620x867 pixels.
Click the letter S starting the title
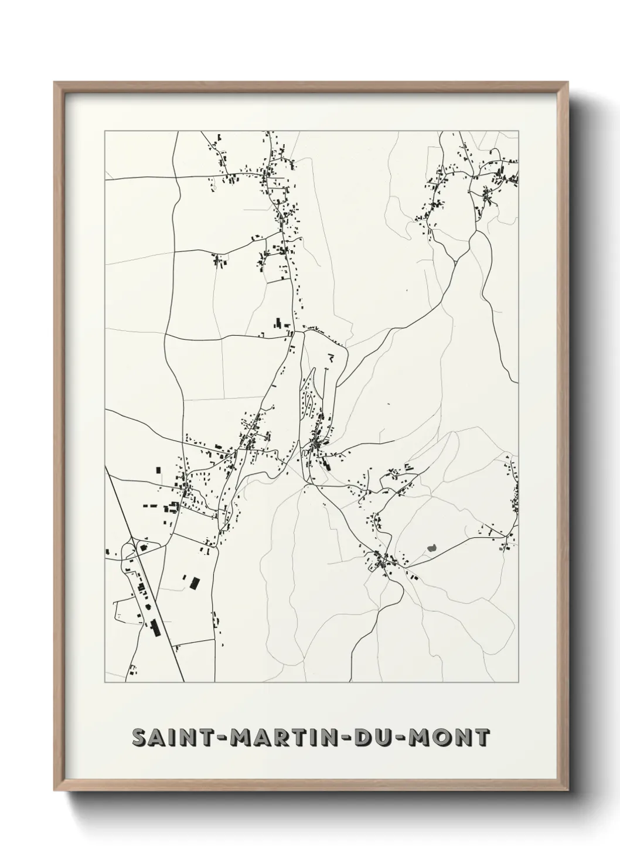(139, 738)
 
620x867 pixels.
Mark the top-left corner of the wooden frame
(55, 83)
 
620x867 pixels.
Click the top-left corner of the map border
(105, 131)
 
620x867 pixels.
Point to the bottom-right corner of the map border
(519, 682)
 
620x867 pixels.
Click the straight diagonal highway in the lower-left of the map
(158, 609)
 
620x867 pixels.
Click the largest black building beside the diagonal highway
(155, 627)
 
